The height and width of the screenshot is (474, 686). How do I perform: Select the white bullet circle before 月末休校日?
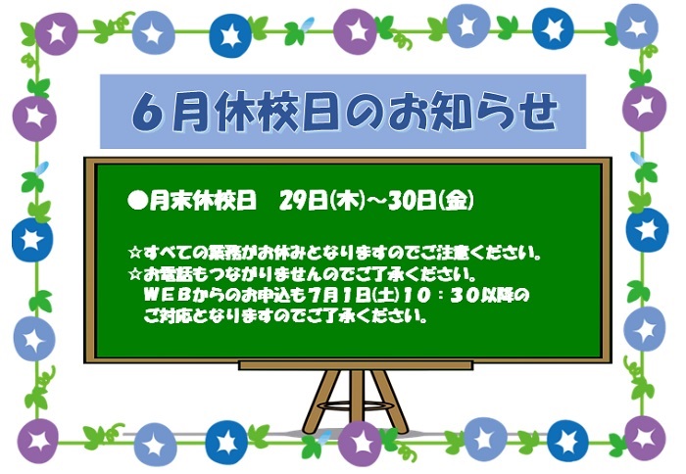pyautogui.click(x=136, y=201)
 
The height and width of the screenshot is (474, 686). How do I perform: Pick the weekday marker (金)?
pyautogui.click(x=457, y=201)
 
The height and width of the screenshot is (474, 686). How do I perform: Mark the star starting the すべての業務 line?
pyautogui.click(x=135, y=253)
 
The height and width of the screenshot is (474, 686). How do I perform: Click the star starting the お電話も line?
pyautogui.click(x=135, y=274)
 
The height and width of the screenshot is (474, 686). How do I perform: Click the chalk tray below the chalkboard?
pyautogui.click(x=356, y=365)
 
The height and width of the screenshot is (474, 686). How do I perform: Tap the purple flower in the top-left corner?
pyautogui.click(x=56, y=33)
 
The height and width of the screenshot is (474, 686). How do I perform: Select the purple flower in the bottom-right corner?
pyautogui.click(x=645, y=438)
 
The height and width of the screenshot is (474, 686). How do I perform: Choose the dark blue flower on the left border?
pyautogui.click(x=32, y=239)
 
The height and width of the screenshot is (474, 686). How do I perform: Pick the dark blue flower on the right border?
pyautogui.click(x=647, y=229)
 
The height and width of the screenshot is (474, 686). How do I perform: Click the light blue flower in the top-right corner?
pyautogui.click(x=637, y=26)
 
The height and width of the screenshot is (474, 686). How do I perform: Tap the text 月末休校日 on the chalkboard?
pyautogui.click(x=203, y=201)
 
